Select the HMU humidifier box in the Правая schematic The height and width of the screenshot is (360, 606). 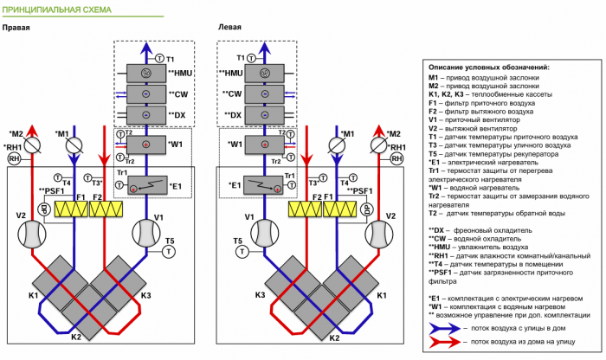(145, 74)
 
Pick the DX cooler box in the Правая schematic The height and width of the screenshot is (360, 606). (145, 114)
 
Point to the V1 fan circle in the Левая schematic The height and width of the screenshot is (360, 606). (253, 233)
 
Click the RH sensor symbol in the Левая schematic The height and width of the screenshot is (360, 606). (397, 158)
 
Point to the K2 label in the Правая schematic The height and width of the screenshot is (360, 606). (75, 337)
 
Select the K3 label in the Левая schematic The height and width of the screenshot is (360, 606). (258, 296)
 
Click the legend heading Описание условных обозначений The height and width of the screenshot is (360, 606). (489, 67)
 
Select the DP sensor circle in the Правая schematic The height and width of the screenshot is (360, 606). (42, 209)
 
